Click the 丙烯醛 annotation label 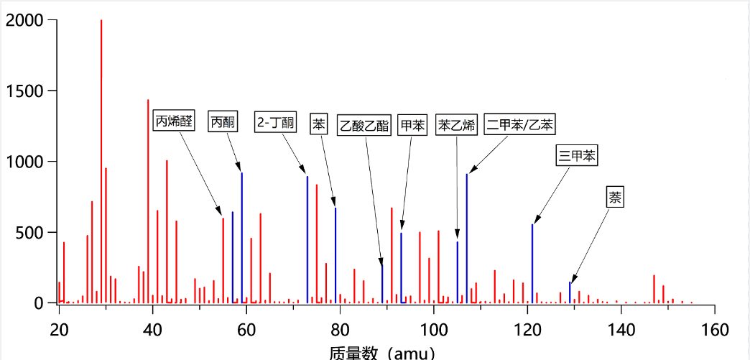[x=174, y=121]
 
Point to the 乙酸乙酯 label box [x=364, y=126]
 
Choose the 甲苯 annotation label [x=412, y=126]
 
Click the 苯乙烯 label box [x=457, y=126]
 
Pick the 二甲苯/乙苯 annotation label [x=519, y=124]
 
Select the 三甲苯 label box [x=577, y=155]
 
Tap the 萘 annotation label [x=616, y=197]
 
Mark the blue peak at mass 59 [x=242, y=237]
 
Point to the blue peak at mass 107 [x=466, y=237]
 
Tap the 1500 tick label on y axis [x=24, y=91]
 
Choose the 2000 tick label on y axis [x=24, y=21]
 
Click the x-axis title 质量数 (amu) [x=381, y=352]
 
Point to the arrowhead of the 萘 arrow [x=572, y=281]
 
